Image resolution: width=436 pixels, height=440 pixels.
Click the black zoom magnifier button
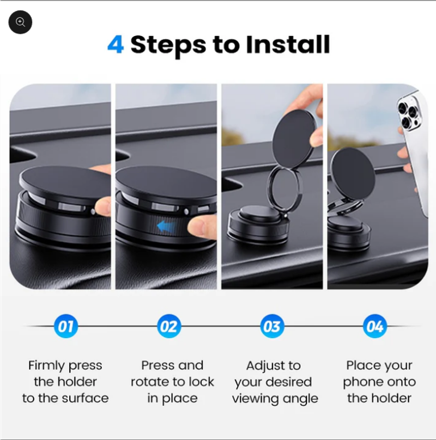click(20, 22)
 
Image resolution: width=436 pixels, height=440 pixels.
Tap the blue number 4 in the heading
click(116, 44)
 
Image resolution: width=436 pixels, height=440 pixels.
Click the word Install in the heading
click(288, 44)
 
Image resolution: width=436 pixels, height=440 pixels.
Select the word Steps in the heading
click(168, 45)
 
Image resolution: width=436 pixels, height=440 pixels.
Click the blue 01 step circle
click(65, 326)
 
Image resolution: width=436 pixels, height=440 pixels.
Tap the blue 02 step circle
click(169, 326)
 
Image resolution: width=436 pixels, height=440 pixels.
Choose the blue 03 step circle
click(272, 326)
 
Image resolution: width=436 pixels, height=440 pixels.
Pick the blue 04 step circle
click(375, 326)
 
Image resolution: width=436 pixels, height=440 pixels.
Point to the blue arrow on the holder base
click(167, 226)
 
